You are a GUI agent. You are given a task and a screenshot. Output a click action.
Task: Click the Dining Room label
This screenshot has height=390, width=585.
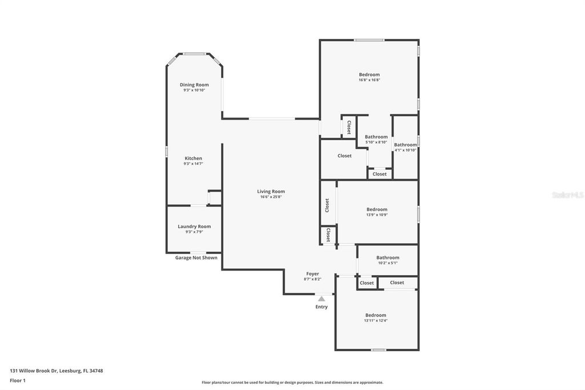(x=194, y=85)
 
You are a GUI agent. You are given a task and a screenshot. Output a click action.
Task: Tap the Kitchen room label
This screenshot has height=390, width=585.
(x=193, y=158)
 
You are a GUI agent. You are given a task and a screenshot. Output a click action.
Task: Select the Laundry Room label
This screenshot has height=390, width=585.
(x=194, y=226)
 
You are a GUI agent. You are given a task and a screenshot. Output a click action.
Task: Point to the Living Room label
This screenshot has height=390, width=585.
(x=271, y=192)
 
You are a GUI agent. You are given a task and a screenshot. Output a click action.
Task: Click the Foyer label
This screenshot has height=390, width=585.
(x=312, y=274)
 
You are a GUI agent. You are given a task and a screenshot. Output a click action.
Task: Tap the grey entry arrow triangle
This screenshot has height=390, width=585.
(x=322, y=299)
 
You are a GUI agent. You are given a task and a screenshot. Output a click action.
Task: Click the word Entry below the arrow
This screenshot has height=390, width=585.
(x=322, y=307)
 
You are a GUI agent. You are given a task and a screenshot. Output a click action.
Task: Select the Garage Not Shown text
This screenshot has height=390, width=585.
(x=196, y=258)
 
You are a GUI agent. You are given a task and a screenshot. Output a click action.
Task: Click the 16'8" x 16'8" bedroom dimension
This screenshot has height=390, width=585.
(x=369, y=80)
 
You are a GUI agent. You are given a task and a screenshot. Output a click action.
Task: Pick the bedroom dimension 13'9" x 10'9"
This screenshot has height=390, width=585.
(x=376, y=215)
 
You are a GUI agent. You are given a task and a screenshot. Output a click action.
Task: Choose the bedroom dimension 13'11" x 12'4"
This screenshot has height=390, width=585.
(x=376, y=321)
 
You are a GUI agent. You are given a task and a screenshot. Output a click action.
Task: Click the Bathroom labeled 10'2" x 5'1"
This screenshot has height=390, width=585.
(x=388, y=258)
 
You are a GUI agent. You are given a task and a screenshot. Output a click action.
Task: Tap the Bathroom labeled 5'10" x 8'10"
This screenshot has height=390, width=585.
(x=376, y=137)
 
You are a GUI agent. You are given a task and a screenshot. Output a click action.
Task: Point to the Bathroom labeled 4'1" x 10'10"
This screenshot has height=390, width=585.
(x=406, y=145)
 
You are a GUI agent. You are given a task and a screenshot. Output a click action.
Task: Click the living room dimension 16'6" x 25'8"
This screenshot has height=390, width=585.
(x=271, y=197)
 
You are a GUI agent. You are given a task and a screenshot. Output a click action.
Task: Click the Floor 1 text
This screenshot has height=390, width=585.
(x=18, y=380)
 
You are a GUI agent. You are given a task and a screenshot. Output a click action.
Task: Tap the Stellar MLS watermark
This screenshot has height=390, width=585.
(x=567, y=195)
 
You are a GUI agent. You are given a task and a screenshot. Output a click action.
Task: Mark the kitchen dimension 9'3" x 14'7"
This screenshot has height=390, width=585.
(x=193, y=164)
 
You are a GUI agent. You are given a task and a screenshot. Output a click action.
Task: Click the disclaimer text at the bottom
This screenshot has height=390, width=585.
(x=292, y=383)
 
